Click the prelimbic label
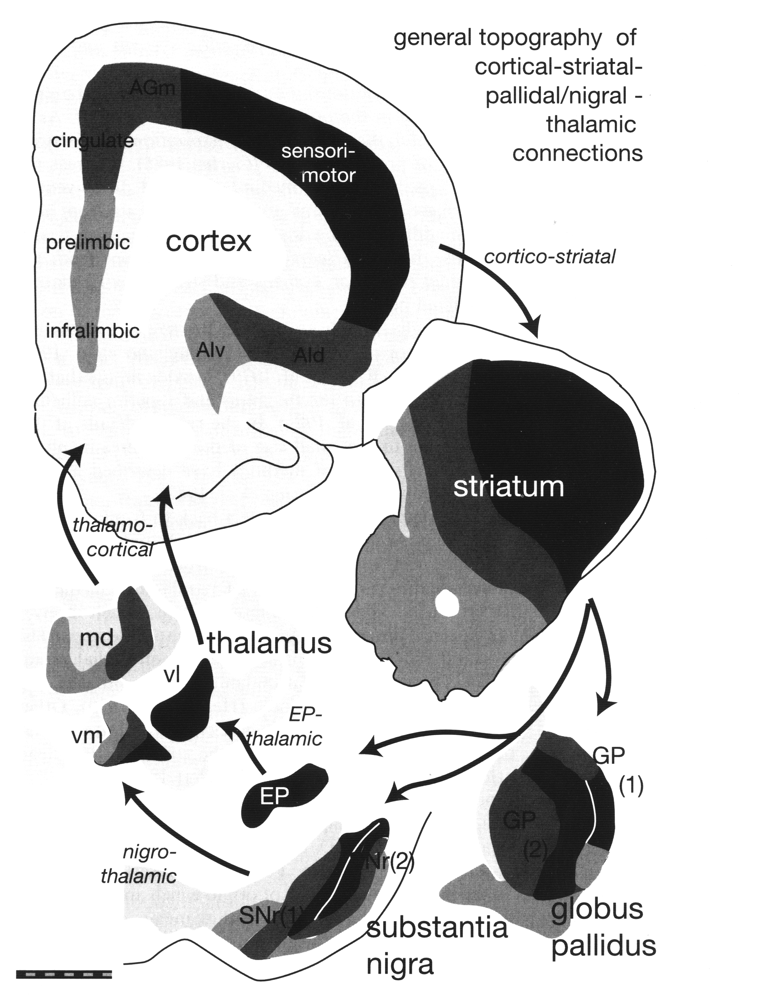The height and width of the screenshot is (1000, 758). [88, 243]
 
